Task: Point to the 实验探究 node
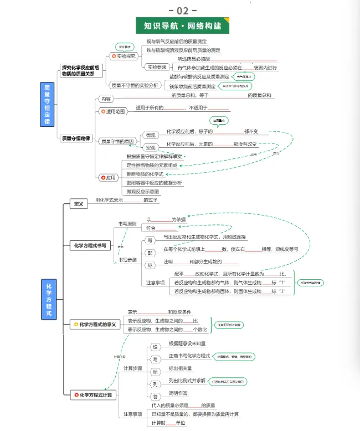pos(124,56)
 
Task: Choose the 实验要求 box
pos(157,67)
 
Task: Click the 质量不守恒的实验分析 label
pos(135,85)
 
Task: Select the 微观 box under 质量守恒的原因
pos(151,135)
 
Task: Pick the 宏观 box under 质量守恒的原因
pos(151,147)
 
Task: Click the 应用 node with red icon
pos(108,178)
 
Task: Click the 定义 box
pos(79,204)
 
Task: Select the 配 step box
pos(150,253)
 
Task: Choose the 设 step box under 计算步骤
pos(156,346)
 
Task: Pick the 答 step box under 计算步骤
pos(156,396)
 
